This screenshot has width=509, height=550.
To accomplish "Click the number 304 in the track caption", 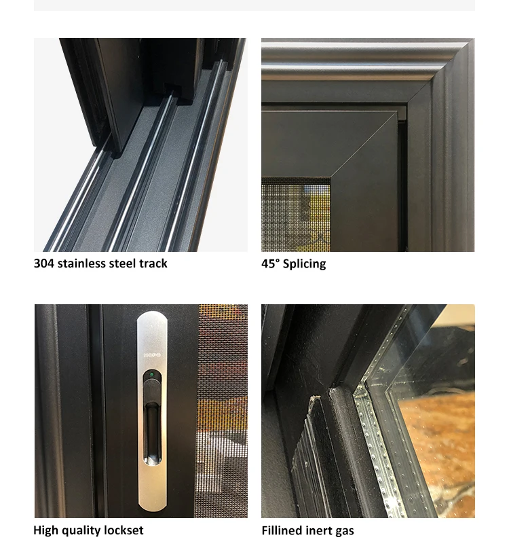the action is (x=44, y=263).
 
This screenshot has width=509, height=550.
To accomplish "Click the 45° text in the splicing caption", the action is (x=270, y=263).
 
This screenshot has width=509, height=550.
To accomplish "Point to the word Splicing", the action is (x=304, y=263).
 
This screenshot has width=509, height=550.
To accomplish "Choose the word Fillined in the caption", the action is (x=281, y=530).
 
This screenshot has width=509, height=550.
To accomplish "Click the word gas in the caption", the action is (x=344, y=531).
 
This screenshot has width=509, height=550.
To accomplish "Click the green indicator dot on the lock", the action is (x=151, y=375).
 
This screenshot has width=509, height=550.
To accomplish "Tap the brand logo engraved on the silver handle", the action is (x=152, y=355).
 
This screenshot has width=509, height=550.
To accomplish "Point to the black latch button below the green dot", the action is (x=152, y=390).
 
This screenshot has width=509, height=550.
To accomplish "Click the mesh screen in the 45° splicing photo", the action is (x=295, y=215).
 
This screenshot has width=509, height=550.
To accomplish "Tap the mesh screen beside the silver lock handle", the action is (x=221, y=410).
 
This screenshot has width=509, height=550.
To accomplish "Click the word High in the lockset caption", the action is (x=45, y=530).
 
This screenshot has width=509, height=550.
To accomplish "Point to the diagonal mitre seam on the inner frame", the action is (x=364, y=145).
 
